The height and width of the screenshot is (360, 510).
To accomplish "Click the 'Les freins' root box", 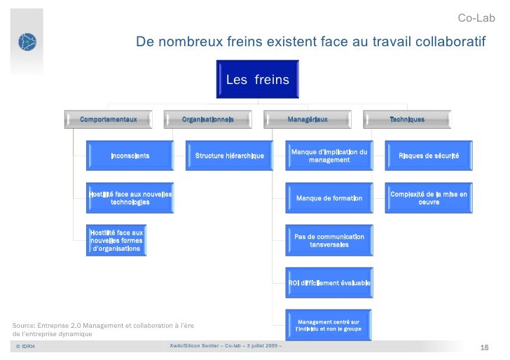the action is pos(257,81).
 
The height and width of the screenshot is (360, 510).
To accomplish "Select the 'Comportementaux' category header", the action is pos(108,120).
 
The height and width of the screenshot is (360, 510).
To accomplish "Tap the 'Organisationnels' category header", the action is pos(208,120).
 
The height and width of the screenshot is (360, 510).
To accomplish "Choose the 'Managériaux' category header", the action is pos(308,120).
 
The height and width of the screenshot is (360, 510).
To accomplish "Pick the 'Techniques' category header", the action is pos(407,120).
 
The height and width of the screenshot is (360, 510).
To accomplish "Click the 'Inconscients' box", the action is pos(130,155).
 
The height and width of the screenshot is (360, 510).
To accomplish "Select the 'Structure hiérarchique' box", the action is pos(229,155).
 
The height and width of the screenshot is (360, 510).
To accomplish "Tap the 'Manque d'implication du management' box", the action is pos(329,155).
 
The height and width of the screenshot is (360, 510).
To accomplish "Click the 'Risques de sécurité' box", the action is pos(429,155).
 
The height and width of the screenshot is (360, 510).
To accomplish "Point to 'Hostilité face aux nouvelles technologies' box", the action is pos(130,198).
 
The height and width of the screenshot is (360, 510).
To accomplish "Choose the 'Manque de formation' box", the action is pos(329,198).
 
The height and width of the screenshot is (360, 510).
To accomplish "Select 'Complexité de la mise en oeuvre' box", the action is pos(429,198).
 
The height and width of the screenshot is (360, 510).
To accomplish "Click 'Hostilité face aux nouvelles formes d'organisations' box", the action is pos(116,240).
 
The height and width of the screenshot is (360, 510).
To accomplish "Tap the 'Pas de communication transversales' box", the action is pos(329,240).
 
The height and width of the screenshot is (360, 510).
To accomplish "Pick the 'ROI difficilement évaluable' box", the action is pos(329,282).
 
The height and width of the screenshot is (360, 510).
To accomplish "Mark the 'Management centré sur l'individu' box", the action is pos(329,325).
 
